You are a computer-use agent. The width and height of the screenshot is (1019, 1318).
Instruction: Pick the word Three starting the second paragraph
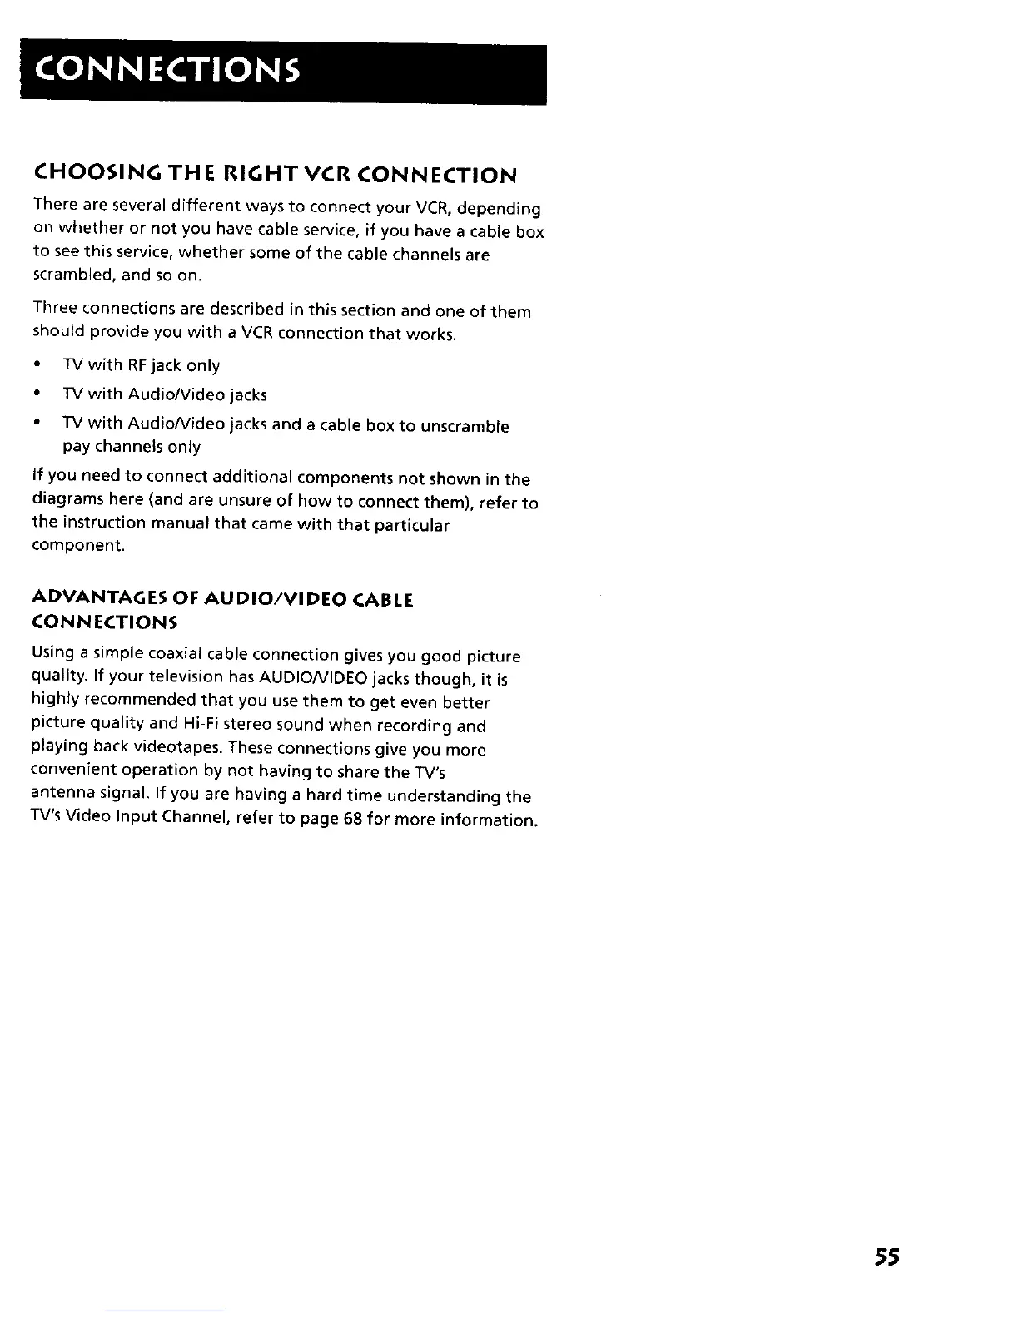(x=53, y=310)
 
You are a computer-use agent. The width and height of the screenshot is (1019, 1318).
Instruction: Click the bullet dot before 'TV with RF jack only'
(x=37, y=365)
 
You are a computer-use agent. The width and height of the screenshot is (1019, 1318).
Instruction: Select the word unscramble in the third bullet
(x=465, y=427)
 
